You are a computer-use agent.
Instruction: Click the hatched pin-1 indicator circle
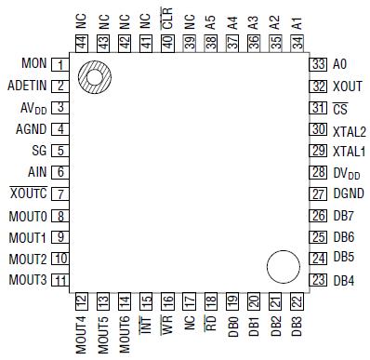pyautogui.click(x=94, y=77)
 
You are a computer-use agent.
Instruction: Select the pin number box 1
pyautogui.click(x=60, y=65)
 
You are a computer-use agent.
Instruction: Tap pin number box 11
pyautogui.click(x=60, y=280)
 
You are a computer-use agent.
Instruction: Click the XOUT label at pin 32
pyautogui.click(x=346, y=86)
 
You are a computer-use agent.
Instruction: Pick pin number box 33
pyautogui.click(x=318, y=64)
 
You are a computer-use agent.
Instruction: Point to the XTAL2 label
pyautogui.click(x=349, y=129)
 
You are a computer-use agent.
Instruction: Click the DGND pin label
pyautogui.click(x=348, y=193)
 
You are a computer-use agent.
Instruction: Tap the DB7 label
pyautogui.click(x=343, y=215)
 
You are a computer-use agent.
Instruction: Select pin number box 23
pyautogui.click(x=318, y=280)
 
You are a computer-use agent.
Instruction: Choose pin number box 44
pyautogui.click(x=81, y=43)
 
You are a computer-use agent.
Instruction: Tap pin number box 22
pyautogui.click(x=296, y=300)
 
